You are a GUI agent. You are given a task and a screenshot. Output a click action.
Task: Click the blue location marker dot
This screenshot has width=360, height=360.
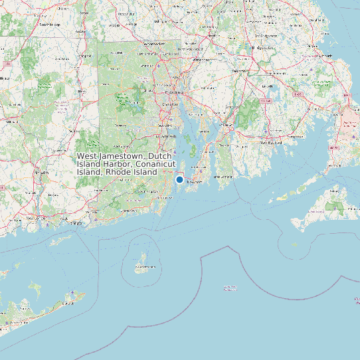[179, 179]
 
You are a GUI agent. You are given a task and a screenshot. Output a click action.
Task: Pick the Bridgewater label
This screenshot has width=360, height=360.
[264, 48]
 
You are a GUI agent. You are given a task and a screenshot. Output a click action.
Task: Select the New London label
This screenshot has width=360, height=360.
[35, 218]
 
